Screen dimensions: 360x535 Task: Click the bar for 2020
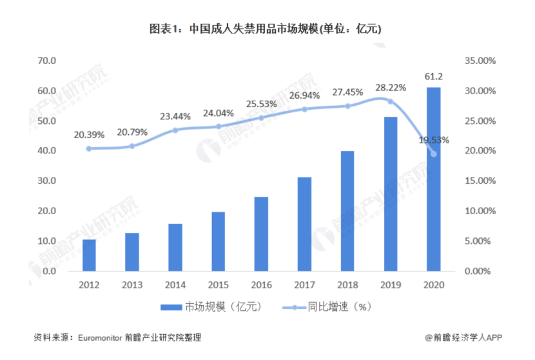(x=433, y=179)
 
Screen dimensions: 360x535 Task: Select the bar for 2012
(x=90, y=255)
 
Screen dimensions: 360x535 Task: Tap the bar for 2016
(x=261, y=234)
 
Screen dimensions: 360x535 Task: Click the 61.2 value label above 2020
(x=433, y=77)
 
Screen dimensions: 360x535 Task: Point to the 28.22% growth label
(x=391, y=87)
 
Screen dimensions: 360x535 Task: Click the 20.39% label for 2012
(x=90, y=135)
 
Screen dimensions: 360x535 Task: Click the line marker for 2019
(x=391, y=101)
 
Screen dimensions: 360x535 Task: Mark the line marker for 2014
(x=175, y=130)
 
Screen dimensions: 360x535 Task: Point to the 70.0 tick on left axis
(x=48, y=61)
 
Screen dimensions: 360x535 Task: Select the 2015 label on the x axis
(x=219, y=284)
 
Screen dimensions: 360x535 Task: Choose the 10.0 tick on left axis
(x=48, y=241)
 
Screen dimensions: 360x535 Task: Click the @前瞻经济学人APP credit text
(x=463, y=337)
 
